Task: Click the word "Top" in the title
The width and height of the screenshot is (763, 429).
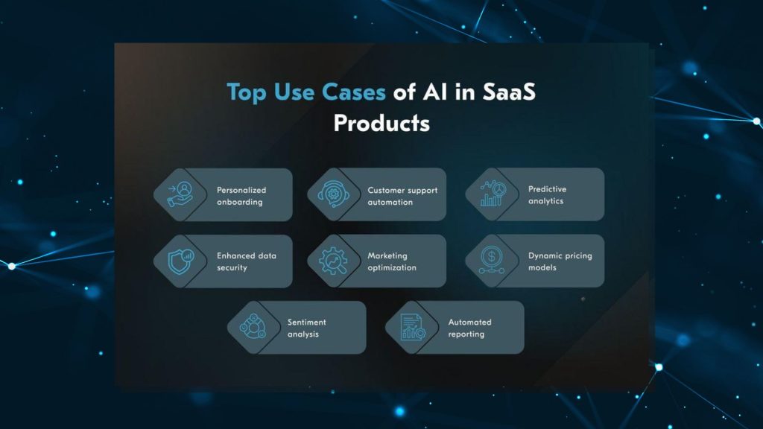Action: click(x=246, y=92)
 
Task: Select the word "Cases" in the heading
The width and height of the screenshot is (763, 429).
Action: click(x=354, y=92)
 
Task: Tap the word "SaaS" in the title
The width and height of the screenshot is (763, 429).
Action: click(x=509, y=92)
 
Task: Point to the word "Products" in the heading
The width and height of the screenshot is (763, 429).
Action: click(x=382, y=123)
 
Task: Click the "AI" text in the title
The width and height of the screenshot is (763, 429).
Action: click(x=435, y=92)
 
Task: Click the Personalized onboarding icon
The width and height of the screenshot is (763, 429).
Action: click(x=180, y=194)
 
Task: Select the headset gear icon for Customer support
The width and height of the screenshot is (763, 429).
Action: click(x=333, y=194)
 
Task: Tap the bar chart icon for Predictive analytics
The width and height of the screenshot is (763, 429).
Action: click(x=493, y=193)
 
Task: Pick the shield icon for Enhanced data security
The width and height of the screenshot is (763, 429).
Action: click(x=180, y=261)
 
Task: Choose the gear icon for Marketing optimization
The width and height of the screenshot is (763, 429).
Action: click(x=333, y=261)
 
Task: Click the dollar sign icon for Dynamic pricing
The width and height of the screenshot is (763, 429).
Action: click(x=492, y=260)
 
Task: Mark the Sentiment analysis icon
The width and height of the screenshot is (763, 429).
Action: click(x=253, y=326)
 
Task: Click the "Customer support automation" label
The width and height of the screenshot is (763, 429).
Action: click(x=402, y=196)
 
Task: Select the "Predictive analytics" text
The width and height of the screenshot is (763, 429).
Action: click(x=547, y=195)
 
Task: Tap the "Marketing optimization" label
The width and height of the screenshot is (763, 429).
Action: click(x=392, y=261)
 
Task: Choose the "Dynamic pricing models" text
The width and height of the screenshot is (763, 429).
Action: click(x=560, y=261)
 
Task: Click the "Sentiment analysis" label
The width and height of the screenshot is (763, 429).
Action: click(x=306, y=328)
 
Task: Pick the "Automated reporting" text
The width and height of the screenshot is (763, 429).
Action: click(x=469, y=328)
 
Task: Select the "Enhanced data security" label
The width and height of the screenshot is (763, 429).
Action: click(x=246, y=261)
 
